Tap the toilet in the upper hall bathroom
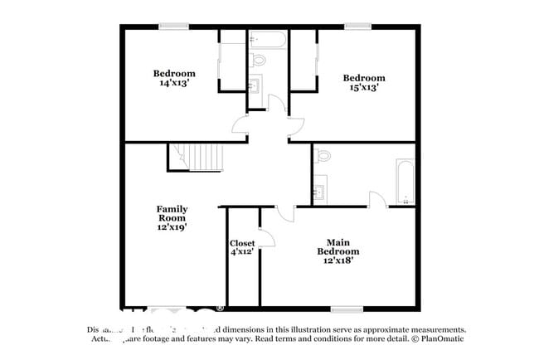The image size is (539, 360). tap(258, 60)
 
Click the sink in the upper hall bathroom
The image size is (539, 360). tap(256, 85)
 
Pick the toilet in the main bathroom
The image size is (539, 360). tap(323, 155)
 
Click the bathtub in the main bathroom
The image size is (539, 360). tap(405, 181)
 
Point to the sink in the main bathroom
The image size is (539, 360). tap(320, 192)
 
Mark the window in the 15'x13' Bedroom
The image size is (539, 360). tap(357, 26)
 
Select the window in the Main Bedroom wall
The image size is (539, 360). tap(347, 309)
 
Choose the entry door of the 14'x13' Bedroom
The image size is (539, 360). tap(240, 125)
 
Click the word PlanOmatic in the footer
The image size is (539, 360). tap(440, 338)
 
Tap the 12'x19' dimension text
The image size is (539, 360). tap(172, 226)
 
